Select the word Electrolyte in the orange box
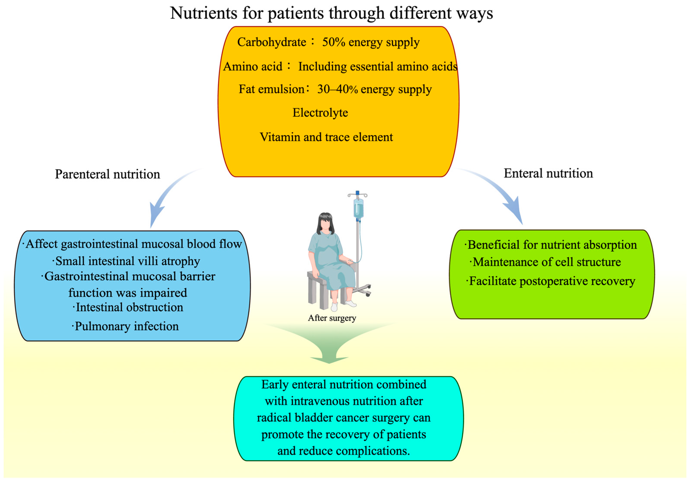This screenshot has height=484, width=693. click(320, 113)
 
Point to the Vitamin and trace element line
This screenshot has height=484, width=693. click(326, 137)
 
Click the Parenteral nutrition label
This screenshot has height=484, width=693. click(107, 174)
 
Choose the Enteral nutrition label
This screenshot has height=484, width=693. click(548, 173)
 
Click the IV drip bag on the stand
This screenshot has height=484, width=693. click(358, 208)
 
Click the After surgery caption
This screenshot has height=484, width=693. click(332, 318)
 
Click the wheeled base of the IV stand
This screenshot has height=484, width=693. click(362, 290)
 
